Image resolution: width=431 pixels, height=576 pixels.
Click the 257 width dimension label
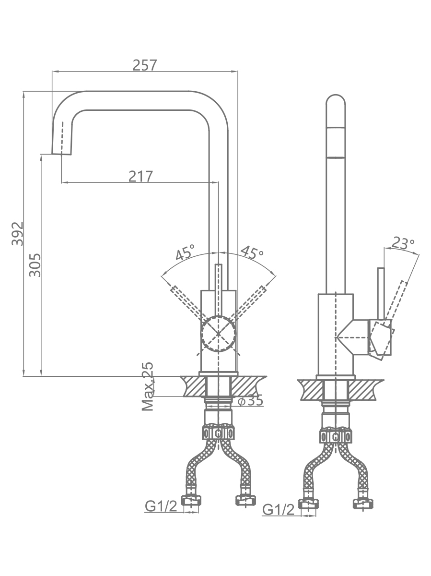[145, 65]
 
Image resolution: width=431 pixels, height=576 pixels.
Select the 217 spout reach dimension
[140, 176]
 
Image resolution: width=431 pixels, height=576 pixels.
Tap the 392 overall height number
[18, 234]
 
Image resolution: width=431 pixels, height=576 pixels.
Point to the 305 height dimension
[35, 265]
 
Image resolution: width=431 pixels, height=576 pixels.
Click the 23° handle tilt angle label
[403, 243]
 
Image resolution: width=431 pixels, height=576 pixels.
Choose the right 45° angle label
[252, 252]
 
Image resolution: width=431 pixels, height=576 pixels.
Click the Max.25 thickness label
[148, 386]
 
